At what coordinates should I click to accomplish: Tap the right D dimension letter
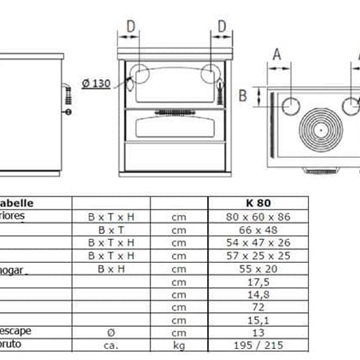pos(216,26)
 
